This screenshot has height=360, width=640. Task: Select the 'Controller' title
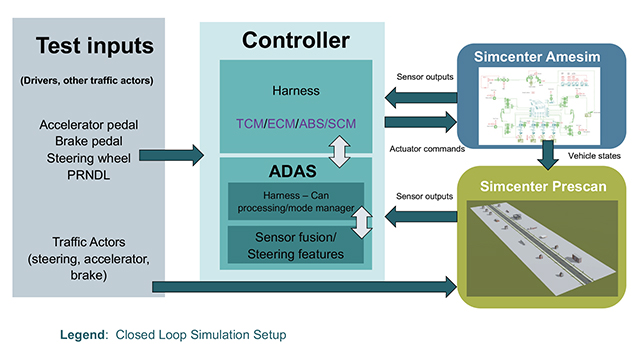pyautogui.click(x=295, y=41)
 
